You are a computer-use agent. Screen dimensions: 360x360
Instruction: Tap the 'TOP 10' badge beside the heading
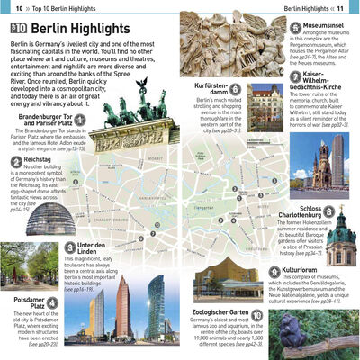16,30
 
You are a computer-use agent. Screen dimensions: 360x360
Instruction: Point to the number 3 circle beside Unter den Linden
70,247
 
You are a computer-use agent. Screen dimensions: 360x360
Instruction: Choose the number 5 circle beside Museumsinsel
296,30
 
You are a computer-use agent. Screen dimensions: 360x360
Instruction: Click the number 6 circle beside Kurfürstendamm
234,88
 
